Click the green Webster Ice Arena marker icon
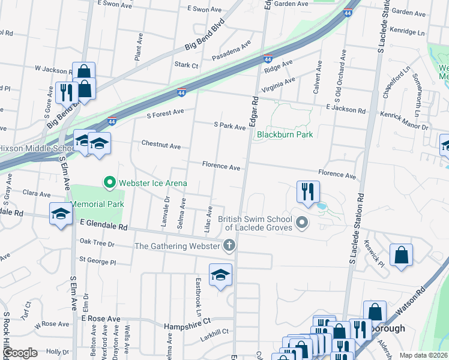(109, 182)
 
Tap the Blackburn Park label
(285, 135)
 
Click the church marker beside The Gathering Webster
(228, 245)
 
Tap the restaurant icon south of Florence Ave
(307, 192)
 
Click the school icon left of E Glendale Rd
(61, 214)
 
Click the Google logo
(20, 353)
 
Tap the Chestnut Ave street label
(161, 146)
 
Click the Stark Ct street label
(186, 65)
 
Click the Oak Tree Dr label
(97, 242)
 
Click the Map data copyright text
(423, 355)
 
